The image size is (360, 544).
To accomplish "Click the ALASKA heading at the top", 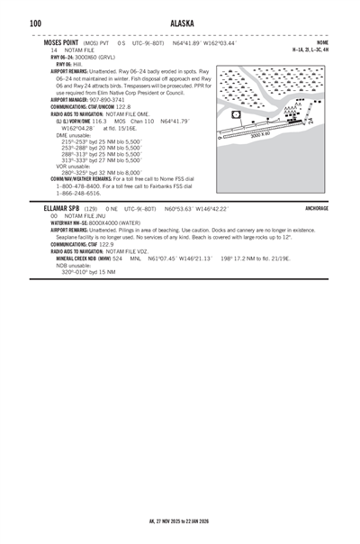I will tap(180, 23).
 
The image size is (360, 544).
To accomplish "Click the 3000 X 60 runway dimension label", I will tap(260, 135).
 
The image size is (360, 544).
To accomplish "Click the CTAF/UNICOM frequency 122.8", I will tap(120, 106).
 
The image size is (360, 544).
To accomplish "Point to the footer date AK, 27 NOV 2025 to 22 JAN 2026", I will tap(180, 521).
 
